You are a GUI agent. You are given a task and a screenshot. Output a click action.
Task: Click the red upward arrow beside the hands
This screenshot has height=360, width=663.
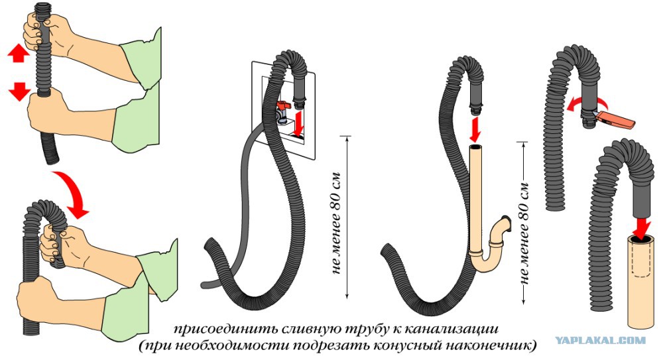point(18,54)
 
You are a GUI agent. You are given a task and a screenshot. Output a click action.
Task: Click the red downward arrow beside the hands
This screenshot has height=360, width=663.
point(19,91)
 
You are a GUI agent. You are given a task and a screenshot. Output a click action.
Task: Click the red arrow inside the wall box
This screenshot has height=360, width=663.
point(298,123)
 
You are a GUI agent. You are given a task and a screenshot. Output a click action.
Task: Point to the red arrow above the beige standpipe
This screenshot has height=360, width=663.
point(475,131)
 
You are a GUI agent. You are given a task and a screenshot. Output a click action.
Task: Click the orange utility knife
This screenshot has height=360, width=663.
point(615,119)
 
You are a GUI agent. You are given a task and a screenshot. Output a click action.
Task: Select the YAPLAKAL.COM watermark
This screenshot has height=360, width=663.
point(601,340)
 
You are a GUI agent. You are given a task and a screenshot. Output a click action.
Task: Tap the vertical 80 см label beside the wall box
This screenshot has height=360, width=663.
point(336,223)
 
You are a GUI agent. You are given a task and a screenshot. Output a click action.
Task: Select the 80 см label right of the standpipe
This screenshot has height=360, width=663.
point(524,233)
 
